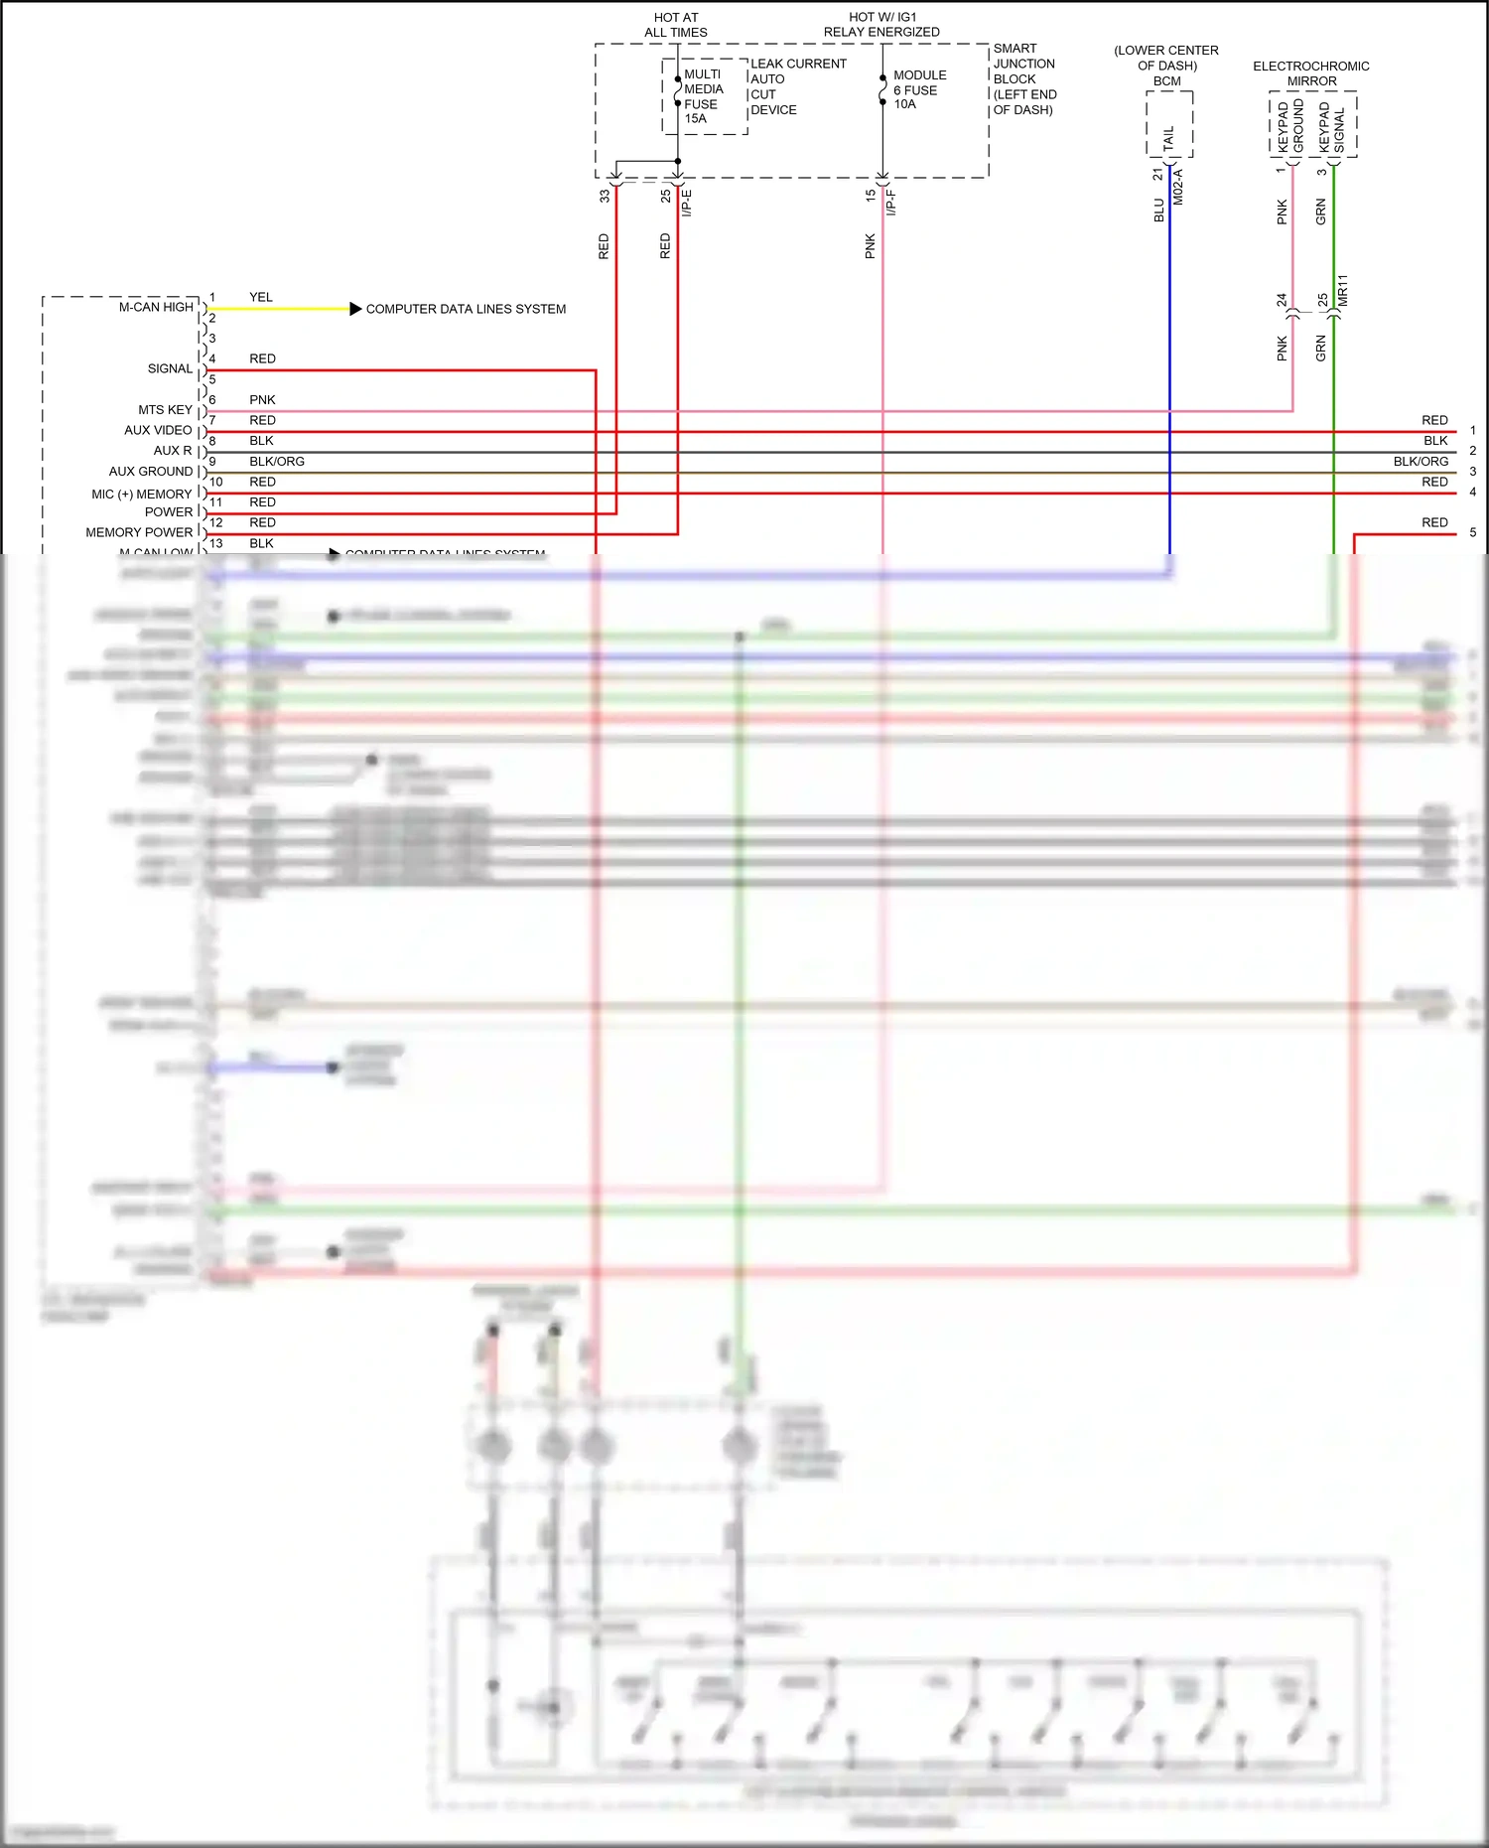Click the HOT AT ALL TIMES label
point(676,25)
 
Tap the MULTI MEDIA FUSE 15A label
point(703,96)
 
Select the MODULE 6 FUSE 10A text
point(919,89)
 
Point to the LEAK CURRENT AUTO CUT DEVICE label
point(798,86)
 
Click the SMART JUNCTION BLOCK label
point(1024,78)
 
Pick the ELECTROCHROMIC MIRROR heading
point(1310,73)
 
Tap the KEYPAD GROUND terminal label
point(1290,127)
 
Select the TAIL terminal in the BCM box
point(1168,137)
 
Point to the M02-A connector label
point(1178,187)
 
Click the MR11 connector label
point(1343,290)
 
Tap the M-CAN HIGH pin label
point(156,308)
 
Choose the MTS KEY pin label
point(165,410)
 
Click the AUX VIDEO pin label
point(158,430)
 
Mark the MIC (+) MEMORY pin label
point(141,494)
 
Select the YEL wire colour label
point(261,297)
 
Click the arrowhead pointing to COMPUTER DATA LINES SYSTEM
point(355,309)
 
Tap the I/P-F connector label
point(891,203)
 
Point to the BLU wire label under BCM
point(1158,210)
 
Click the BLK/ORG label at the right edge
point(1421,462)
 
